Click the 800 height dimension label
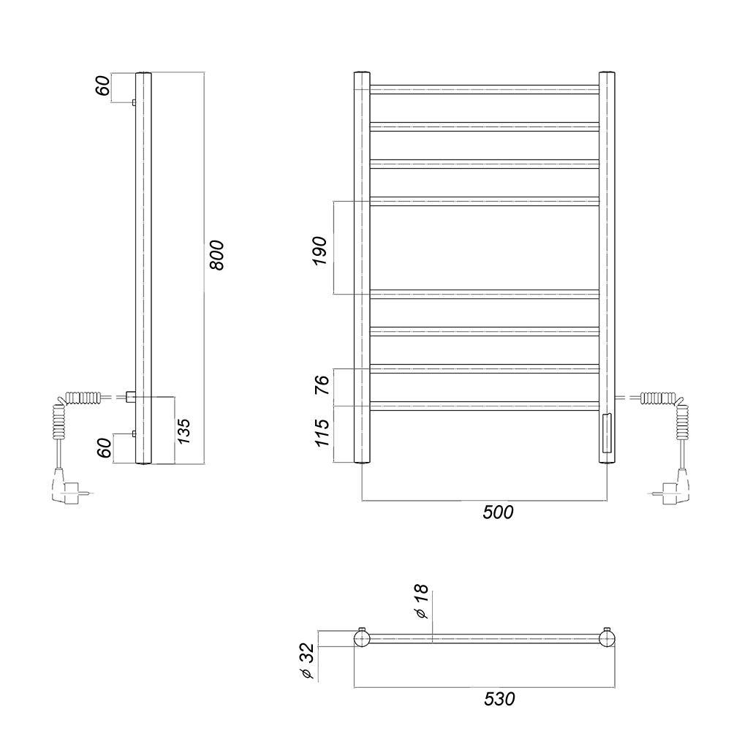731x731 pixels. pos(217,254)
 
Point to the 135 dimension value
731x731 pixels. pos(183,431)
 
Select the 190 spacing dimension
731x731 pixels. pos(320,250)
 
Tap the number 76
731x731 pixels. pos(322,385)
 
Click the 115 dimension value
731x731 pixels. pos(322,433)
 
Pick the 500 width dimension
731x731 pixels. pos(498,512)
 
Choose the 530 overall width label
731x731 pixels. pos(499,699)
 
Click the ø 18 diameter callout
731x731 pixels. pos(421,601)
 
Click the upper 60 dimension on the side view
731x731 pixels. pos(103,86)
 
